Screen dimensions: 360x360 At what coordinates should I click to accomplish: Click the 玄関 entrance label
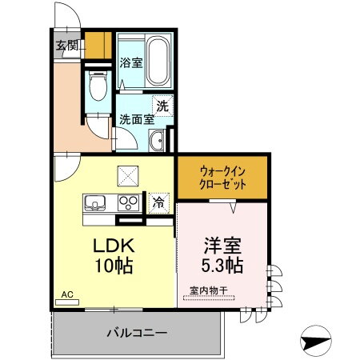66,45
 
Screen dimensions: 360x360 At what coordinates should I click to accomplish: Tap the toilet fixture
98,85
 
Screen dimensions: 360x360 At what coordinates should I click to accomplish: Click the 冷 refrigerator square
160,202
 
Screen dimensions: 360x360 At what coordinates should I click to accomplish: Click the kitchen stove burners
128,202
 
